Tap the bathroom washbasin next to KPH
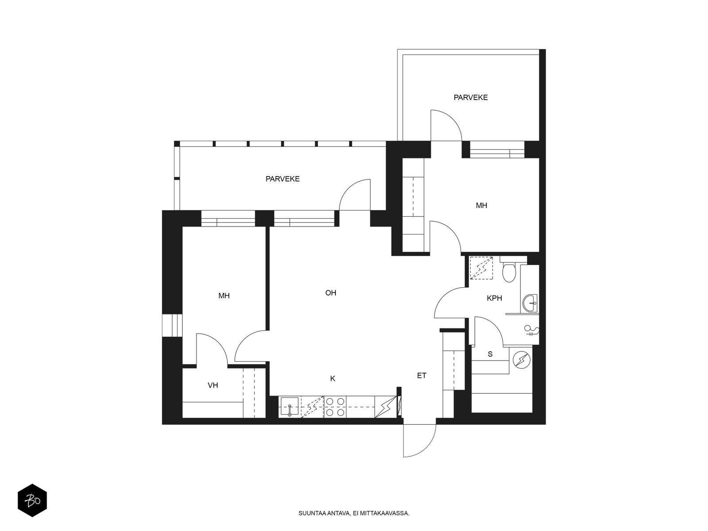click(x=530, y=303)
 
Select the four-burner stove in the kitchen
click(x=335, y=407)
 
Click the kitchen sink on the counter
click(x=289, y=407)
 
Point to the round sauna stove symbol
click(x=521, y=360)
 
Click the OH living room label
click(x=331, y=293)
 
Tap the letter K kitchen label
click(x=333, y=378)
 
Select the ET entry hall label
click(x=422, y=375)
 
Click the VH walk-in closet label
click(x=213, y=385)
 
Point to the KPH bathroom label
click(x=494, y=298)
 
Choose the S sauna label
click(x=490, y=354)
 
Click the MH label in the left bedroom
click(x=224, y=296)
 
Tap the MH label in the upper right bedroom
click(x=481, y=205)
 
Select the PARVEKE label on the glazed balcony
click(x=283, y=179)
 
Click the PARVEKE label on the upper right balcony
click(x=471, y=97)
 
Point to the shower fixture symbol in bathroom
click(x=532, y=331)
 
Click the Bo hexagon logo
click(x=32, y=500)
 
